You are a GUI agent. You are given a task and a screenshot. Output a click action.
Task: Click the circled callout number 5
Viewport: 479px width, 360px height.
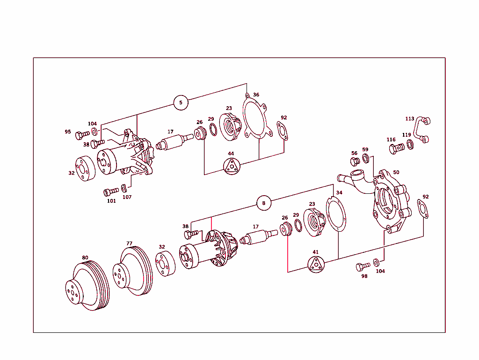(x=181, y=103)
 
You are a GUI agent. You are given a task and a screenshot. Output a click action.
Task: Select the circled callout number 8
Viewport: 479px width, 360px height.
(x=264, y=203)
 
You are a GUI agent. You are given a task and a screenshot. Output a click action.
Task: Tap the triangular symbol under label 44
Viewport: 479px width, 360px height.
(x=231, y=166)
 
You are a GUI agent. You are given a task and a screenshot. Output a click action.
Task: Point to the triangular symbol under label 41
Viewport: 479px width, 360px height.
(x=316, y=265)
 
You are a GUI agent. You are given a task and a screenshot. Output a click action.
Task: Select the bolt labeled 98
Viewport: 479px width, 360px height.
(x=363, y=266)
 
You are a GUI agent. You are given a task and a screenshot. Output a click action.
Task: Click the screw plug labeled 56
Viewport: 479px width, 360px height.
(x=355, y=162)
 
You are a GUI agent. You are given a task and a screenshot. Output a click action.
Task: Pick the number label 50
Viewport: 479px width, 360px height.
(x=396, y=172)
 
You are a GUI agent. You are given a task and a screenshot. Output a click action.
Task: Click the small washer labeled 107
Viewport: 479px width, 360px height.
(x=124, y=188)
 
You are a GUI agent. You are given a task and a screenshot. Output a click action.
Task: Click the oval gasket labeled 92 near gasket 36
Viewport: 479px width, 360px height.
(x=283, y=131)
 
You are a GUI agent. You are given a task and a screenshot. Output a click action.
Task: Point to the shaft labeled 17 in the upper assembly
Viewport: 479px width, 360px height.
(x=174, y=142)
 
